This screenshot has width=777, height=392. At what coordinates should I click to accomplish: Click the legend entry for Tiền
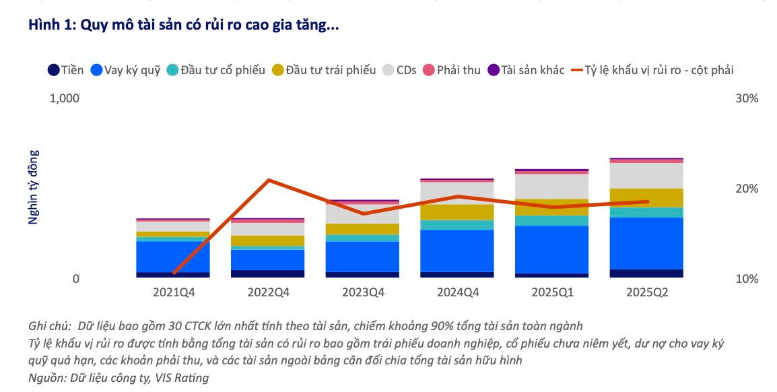[x=66, y=69]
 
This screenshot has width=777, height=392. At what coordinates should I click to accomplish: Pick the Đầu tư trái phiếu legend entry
[x=324, y=69]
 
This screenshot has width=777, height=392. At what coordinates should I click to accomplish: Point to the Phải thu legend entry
[x=451, y=69]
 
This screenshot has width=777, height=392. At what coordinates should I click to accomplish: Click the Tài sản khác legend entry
[x=526, y=69]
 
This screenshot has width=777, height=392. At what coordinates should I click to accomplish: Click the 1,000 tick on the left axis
[x=65, y=98]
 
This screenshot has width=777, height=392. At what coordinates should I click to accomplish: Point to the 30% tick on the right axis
[x=746, y=98]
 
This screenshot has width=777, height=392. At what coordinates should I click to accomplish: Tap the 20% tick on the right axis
[x=746, y=189]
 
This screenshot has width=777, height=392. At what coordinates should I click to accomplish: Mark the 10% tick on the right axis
[x=746, y=279]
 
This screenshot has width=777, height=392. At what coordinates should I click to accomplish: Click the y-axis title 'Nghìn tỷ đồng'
[x=33, y=187]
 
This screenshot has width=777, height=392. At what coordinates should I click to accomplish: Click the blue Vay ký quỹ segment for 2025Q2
[x=646, y=242]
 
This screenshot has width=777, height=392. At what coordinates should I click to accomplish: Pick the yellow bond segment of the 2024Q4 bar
[x=457, y=212]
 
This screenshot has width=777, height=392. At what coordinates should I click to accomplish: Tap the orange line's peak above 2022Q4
[x=269, y=180]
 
